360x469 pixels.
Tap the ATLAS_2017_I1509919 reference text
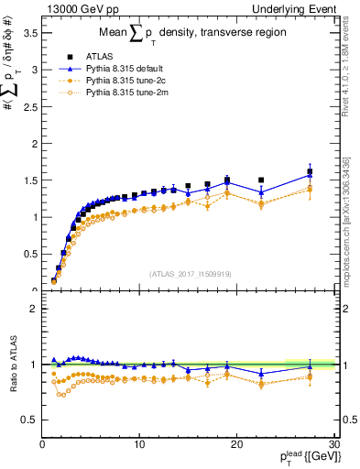pyautogui.click(x=189, y=273)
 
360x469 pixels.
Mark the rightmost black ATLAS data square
pyautogui.click(x=310, y=172)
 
